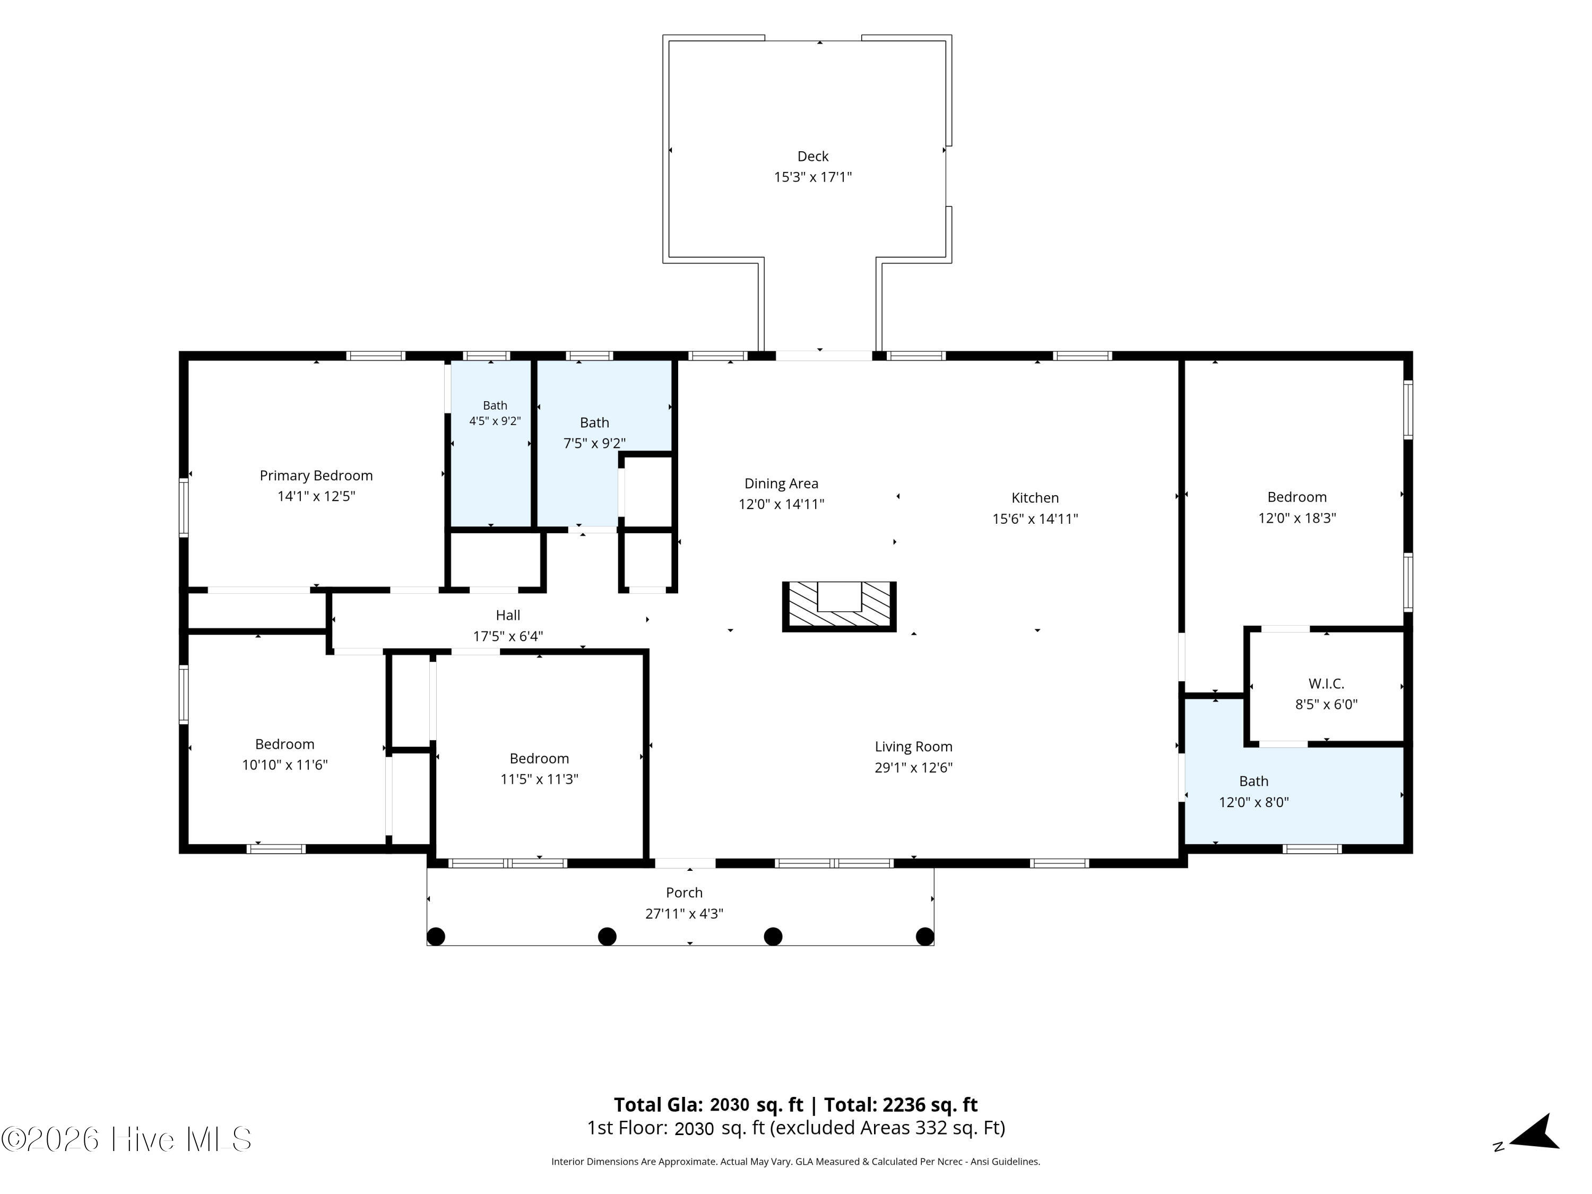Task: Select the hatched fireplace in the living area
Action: pyautogui.click(x=839, y=607)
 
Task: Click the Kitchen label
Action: pyautogui.click(x=1035, y=498)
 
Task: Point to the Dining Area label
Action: pyautogui.click(x=781, y=483)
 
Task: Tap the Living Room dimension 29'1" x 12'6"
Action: pyautogui.click(x=913, y=768)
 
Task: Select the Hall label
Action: pyautogui.click(x=508, y=616)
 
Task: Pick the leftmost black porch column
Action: pyautogui.click(x=436, y=936)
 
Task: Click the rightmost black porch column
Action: pyautogui.click(x=925, y=936)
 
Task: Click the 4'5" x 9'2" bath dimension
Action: pyautogui.click(x=495, y=421)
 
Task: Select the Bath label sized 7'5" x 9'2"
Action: pyautogui.click(x=594, y=423)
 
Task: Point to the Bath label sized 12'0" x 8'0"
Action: pyautogui.click(x=1254, y=782)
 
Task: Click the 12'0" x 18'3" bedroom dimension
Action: pyautogui.click(x=1297, y=518)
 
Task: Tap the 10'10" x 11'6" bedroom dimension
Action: pyautogui.click(x=285, y=765)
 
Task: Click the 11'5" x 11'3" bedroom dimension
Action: pyautogui.click(x=540, y=780)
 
